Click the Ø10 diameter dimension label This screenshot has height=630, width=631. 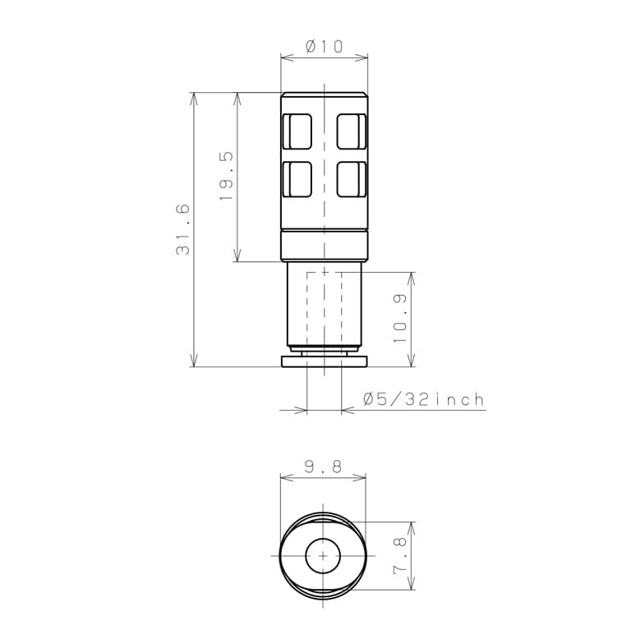pyautogui.click(x=324, y=46)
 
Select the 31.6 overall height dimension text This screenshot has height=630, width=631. pyautogui.click(x=182, y=230)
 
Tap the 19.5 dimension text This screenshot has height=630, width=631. pyautogui.click(x=226, y=176)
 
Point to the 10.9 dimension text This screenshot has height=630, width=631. pyautogui.click(x=400, y=319)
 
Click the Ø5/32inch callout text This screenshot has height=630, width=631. pyautogui.click(x=424, y=399)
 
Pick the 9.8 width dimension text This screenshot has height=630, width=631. pyautogui.click(x=323, y=467)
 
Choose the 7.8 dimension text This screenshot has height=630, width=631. pyautogui.click(x=400, y=555)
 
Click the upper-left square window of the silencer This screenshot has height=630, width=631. pyautogui.click(x=297, y=131)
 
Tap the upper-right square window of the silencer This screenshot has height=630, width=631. pyautogui.click(x=352, y=131)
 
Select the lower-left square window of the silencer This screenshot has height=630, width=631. pyautogui.click(x=297, y=179)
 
